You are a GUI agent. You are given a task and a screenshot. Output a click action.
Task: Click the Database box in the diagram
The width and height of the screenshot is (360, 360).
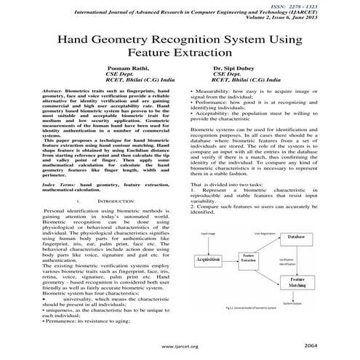[x=297, y=238]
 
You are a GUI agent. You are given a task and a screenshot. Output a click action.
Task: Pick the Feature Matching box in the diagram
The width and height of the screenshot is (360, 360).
[x=297, y=281]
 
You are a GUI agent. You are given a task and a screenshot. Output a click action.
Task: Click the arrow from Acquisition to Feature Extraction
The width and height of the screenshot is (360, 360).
[x=236, y=260]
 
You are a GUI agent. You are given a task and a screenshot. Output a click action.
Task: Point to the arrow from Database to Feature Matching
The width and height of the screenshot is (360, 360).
[x=297, y=258]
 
